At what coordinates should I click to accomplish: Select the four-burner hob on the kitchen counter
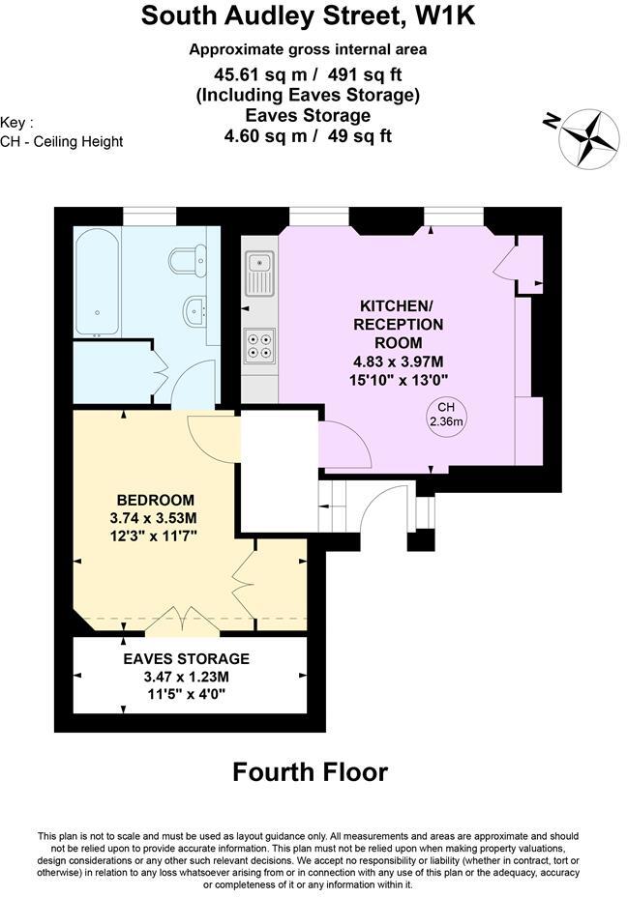pyautogui.click(x=258, y=345)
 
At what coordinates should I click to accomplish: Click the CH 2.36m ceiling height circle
pyautogui.click(x=446, y=414)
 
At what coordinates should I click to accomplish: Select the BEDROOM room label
pyautogui.click(x=155, y=500)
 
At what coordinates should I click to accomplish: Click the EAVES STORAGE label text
pyautogui.click(x=186, y=658)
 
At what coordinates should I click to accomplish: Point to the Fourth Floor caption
pyautogui.click(x=310, y=772)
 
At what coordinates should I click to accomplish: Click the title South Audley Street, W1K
pyautogui.click(x=309, y=16)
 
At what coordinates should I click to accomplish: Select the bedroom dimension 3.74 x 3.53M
pyautogui.click(x=155, y=518)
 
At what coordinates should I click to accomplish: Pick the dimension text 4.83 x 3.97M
pyautogui.click(x=398, y=362)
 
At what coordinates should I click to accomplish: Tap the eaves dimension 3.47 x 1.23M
pyautogui.click(x=186, y=677)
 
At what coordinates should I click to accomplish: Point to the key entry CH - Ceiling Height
pyautogui.click(x=62, y=141)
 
